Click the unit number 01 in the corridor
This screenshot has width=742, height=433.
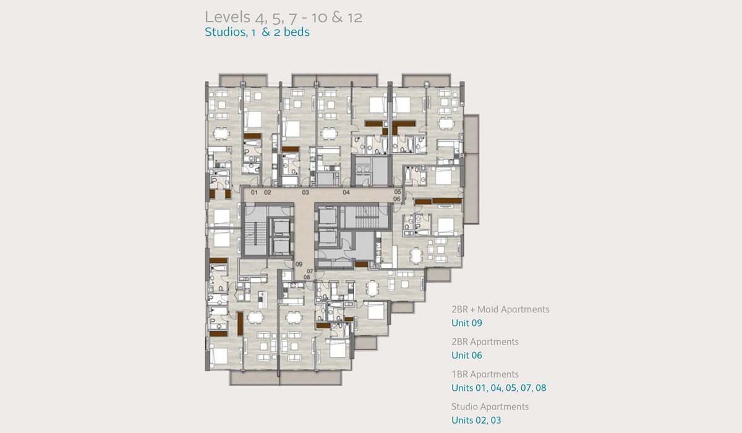click(254, 192)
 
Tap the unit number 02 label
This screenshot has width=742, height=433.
click(267, 192)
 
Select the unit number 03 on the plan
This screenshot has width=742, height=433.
click(305, 192)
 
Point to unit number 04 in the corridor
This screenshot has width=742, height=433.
click(346, 192)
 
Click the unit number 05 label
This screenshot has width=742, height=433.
click(398, 192)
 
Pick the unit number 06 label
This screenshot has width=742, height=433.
click(397, 199)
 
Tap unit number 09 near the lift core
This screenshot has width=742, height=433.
click(299, 264)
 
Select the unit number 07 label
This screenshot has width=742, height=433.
click(310, 272)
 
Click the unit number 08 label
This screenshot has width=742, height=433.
click(307, 277)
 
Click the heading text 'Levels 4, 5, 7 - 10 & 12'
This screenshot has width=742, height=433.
click(284, 17)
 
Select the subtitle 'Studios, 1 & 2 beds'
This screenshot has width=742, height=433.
click(257, 32)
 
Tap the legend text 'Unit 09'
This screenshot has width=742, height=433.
click(467, 323)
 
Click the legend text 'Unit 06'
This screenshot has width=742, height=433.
click(467, 356)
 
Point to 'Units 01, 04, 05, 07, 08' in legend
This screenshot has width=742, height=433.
click(499, 388)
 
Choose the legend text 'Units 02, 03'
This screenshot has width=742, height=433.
click(476, 421)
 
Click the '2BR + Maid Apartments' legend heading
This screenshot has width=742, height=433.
click(500, 309)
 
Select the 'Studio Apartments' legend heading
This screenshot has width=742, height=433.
click(490, 407)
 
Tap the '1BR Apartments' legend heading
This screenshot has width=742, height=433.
click(485, 374)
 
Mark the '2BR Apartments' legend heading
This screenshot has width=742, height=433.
click(485, 342)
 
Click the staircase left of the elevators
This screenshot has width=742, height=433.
click(255, 234)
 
